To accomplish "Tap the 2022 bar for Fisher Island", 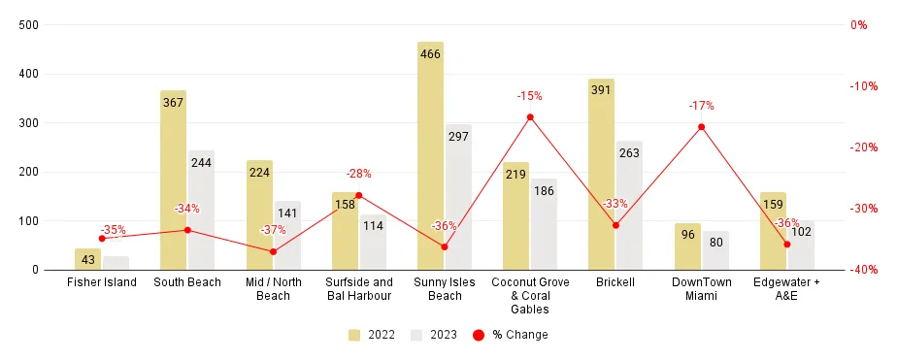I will tap(87, 259).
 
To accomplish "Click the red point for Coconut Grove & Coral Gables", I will tap(530, 117).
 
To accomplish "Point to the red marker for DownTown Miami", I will tap(701, 127).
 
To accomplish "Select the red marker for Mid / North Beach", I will tap(273, 251).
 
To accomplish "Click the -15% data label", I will tap(529, 96).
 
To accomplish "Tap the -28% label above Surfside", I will tap(358, 174).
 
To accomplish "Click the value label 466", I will tap(430, 54).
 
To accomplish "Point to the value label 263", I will tap(629, 152).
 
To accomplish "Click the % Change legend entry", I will tap(510, 335).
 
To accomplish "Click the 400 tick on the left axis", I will tap(29, 74).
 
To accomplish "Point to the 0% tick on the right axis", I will tap(860, 25).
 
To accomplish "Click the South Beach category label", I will tap(187, 282).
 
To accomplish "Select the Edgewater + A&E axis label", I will tap(786, 288).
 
